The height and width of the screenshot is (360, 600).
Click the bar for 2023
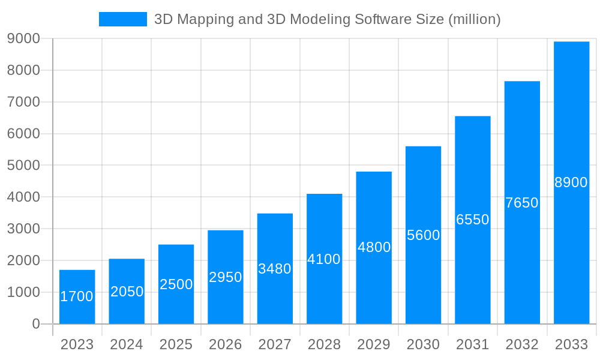(77, 297)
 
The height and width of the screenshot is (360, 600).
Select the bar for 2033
(571, 182)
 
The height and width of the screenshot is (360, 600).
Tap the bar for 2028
(324, 259)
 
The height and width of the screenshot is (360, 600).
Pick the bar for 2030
(423, 235)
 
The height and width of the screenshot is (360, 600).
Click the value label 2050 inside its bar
(127, 292)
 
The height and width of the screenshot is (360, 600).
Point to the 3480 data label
(275, 269)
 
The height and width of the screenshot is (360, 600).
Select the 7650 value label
(522, 203)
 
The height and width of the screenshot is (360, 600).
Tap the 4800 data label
(374, 247)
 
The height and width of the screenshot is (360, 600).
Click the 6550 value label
(473, 220)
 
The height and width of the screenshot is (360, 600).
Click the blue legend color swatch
(123, 19)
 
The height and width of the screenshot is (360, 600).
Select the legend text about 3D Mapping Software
(327, 19)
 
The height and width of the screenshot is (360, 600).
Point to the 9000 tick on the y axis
(23, 38)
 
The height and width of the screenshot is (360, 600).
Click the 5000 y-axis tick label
(23, 165)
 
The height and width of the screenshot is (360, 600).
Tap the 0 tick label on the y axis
(35, 324)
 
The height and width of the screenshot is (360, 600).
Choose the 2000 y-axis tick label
(23, 260)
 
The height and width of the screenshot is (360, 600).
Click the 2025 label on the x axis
(176, 344)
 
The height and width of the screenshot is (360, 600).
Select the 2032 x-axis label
(522, 344)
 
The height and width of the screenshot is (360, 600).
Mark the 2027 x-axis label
(275, 344)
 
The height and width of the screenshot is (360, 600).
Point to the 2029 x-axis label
(374, 344)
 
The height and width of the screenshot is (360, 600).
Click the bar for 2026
(226, 277)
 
